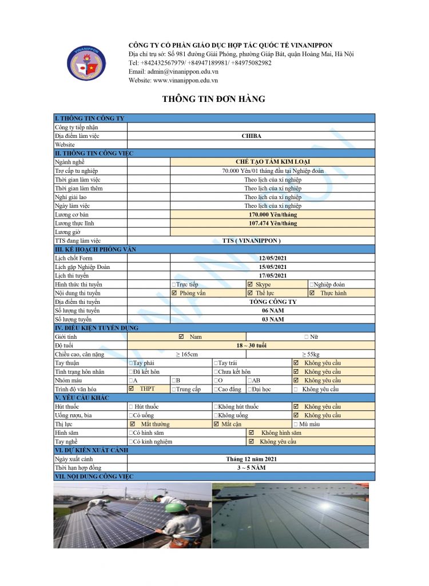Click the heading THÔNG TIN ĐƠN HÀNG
[213, 99]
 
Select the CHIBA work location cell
[251, 136]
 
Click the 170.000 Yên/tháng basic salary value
[273, 215]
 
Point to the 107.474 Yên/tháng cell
[273, 223]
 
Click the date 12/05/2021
[273, 259]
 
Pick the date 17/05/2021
[273, 276]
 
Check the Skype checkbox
[250, 284]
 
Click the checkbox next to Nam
[181, 337]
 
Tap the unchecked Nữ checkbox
[307, 337]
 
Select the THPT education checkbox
[132, 389]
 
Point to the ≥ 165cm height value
[186, 354]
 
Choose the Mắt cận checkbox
[216, 424]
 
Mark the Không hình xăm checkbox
[251, 433]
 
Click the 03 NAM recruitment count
[273, 319]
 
